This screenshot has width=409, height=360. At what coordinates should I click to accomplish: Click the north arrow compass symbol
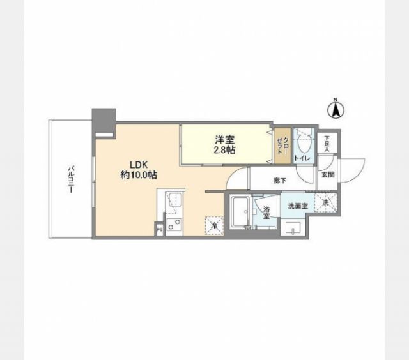(334, 109)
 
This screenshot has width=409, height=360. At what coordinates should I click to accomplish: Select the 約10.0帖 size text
(138, 174)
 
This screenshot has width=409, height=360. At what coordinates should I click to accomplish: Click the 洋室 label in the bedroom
(222, 139)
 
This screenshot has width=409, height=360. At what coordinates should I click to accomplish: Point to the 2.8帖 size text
(222, 151)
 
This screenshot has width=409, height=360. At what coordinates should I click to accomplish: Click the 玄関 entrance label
(327, 173)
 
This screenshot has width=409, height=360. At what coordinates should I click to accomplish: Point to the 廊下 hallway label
(279, 180)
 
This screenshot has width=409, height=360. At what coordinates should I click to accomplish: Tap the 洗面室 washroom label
(298, 206)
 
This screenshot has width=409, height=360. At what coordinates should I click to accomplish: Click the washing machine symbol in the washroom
(326, 203)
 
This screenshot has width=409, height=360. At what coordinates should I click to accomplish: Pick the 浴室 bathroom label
(266, 213)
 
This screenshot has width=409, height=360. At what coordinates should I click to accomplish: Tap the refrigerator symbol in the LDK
(213, 225)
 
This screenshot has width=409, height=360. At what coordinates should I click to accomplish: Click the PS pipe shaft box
(158, 227)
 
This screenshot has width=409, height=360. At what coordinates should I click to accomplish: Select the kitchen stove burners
(173, 223)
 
